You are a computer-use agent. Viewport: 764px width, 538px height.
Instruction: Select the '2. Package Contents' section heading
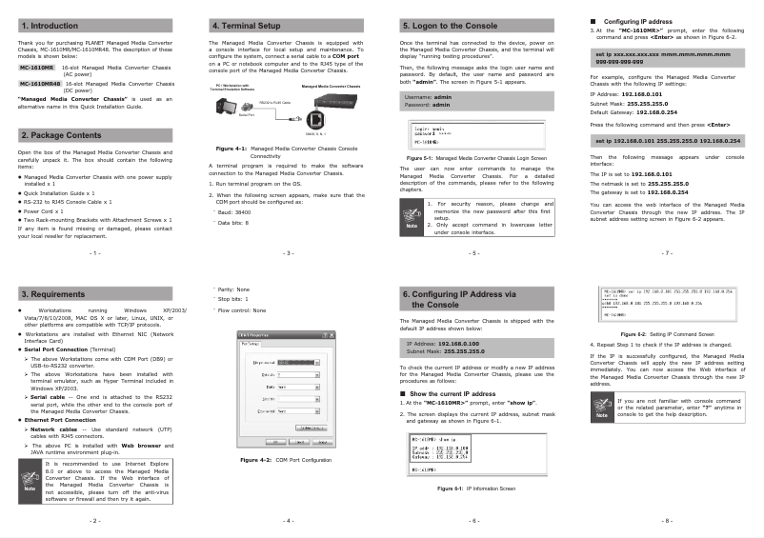[62, 135]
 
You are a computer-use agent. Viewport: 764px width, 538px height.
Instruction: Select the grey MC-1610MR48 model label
[37, 83]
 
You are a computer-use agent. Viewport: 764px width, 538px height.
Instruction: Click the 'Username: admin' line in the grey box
[429, 97]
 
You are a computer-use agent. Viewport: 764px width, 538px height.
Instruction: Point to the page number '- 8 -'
[667, 521]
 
